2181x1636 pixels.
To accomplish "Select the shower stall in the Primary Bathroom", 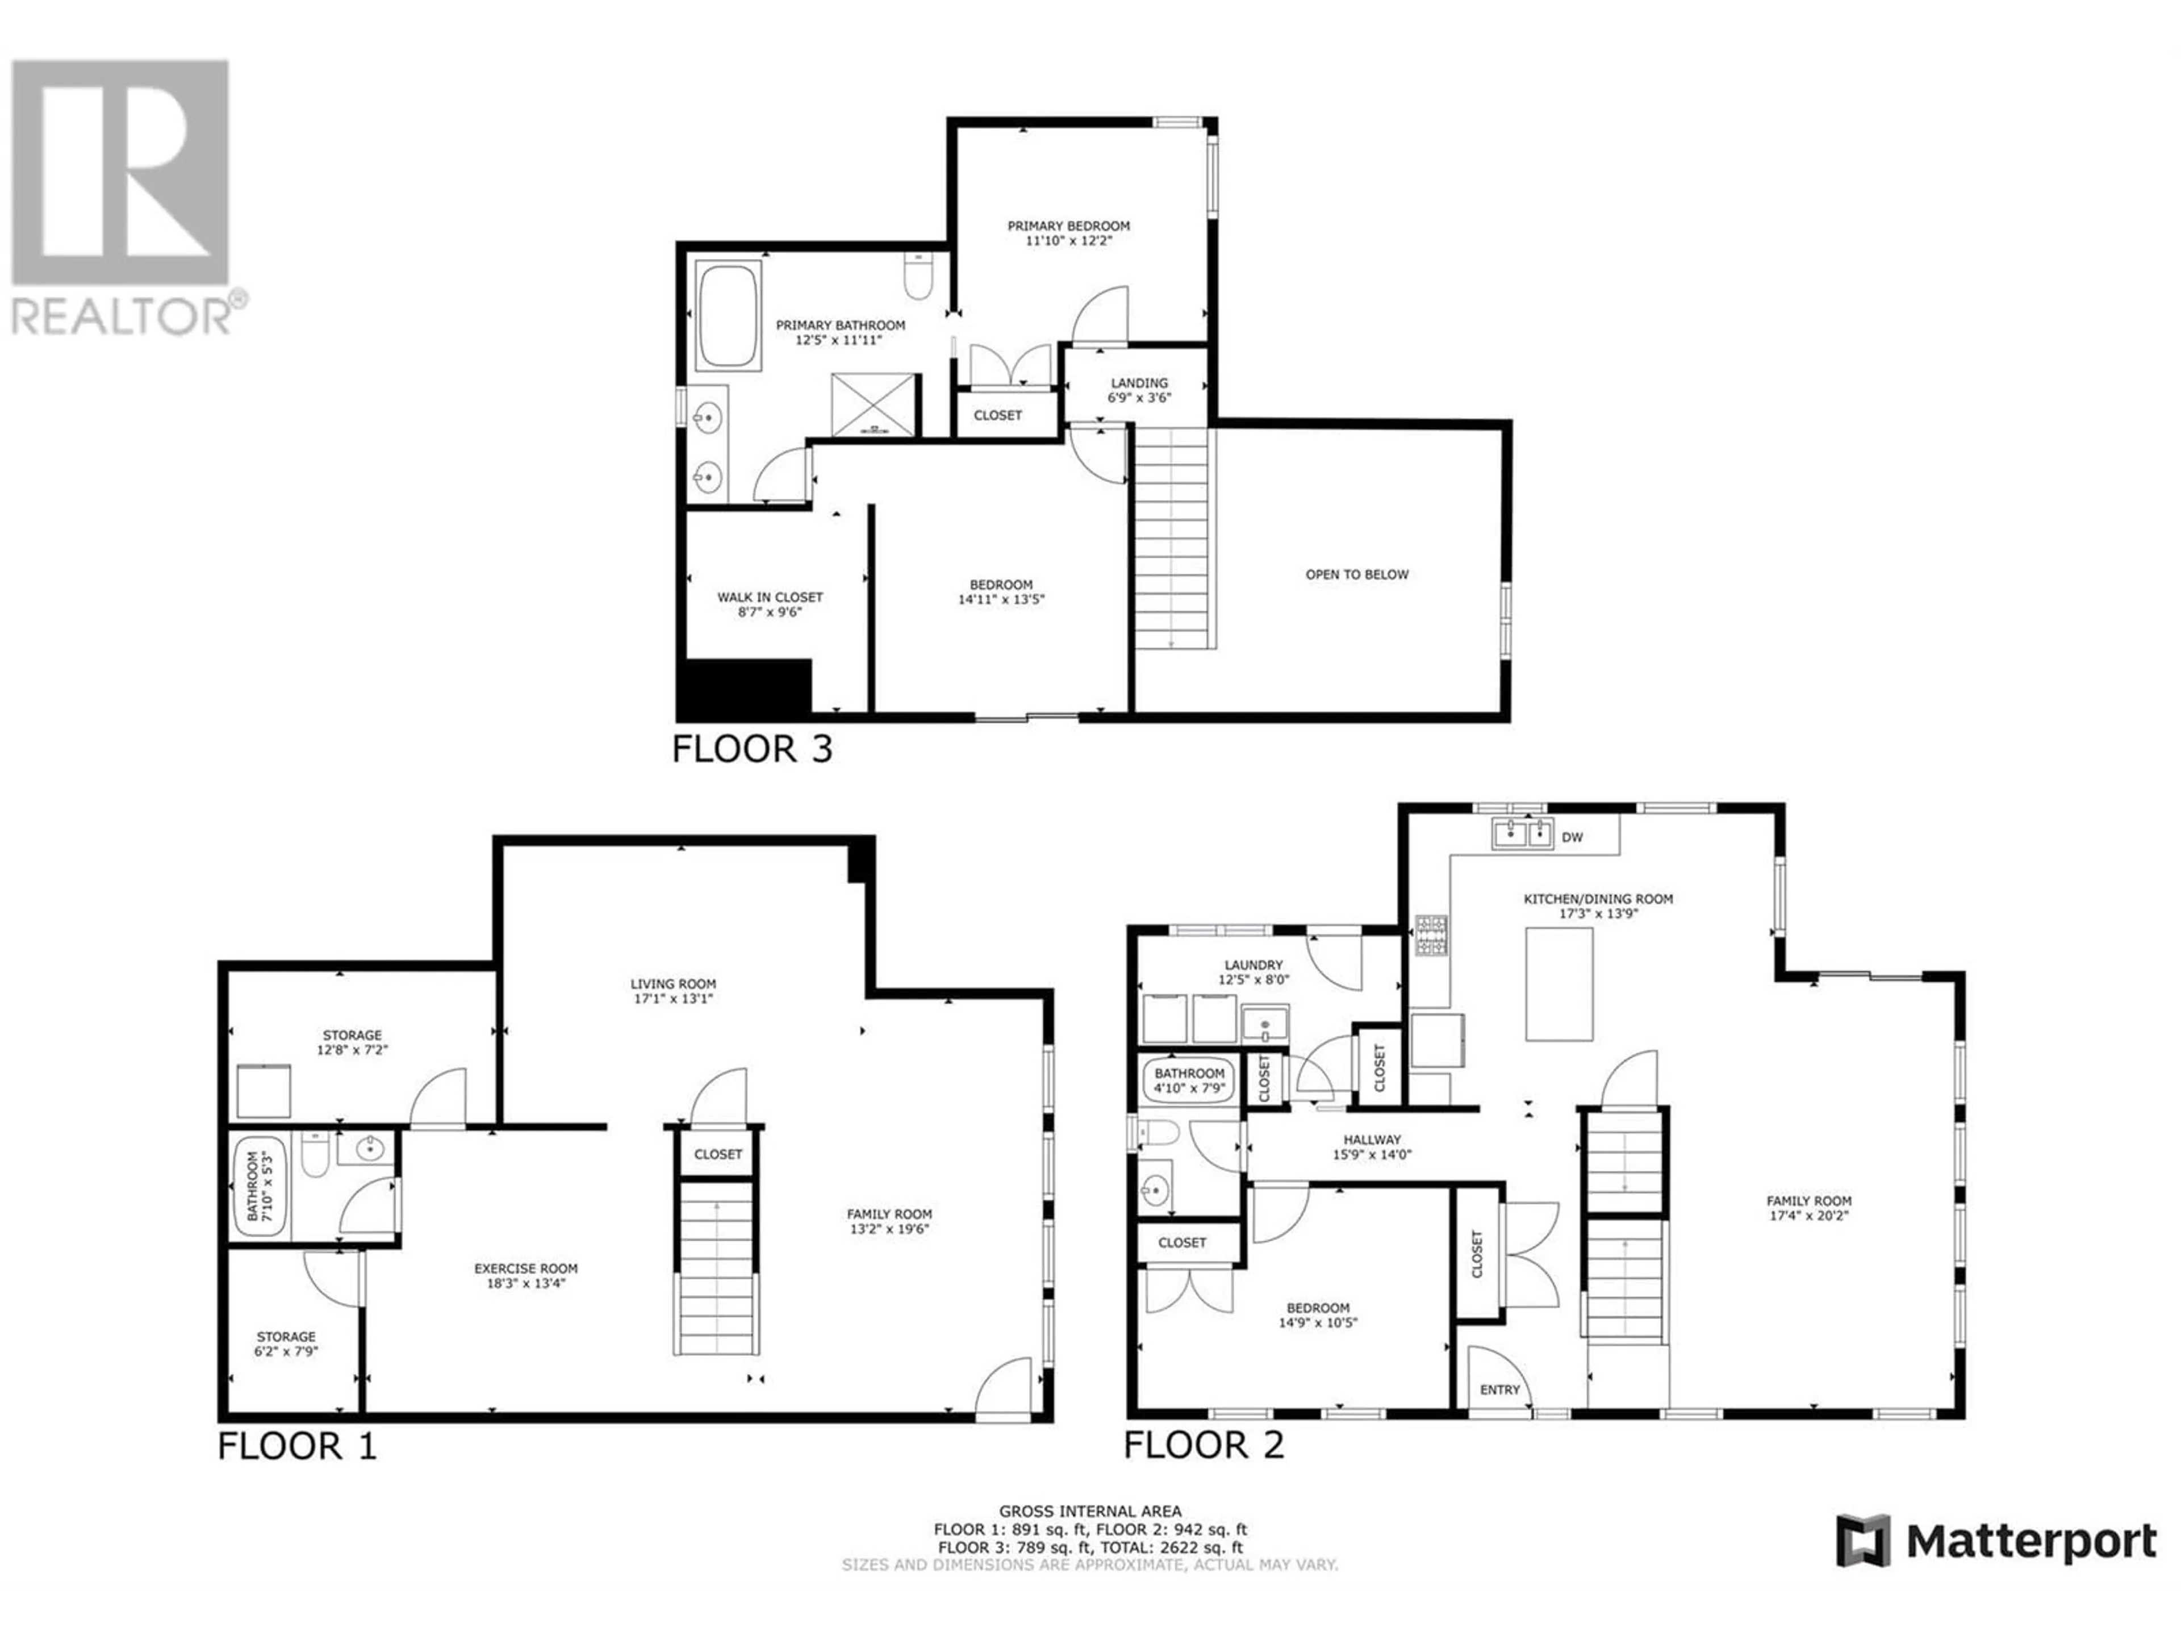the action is pos(875,404).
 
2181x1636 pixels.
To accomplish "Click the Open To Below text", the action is pos(1357,574).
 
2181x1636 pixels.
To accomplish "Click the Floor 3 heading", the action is pos(753,749).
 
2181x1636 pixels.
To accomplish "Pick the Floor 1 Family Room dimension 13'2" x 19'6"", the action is pos(889,1229).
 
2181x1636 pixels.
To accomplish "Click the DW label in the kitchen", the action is pos(1573,837).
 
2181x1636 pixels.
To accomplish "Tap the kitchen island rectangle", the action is pos(1560,984).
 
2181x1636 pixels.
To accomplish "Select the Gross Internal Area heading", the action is pos(1090,1511).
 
